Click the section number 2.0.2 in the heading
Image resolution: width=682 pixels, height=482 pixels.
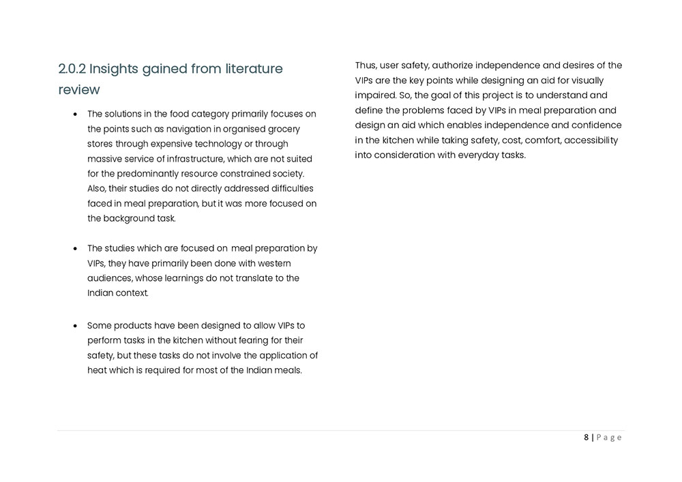[72, 69]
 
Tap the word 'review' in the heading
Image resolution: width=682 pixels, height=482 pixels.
[79, 90]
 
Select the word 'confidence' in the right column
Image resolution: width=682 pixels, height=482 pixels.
[595, 125]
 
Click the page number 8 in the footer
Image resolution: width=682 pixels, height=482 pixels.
[586, 438]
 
